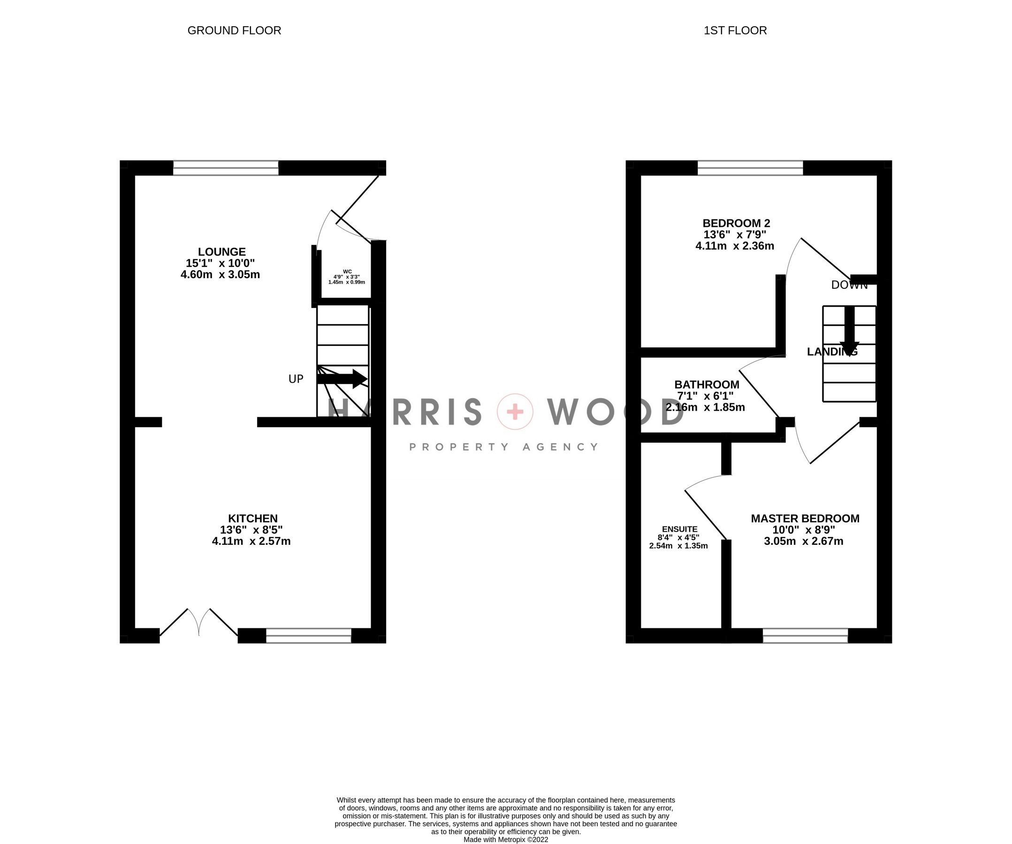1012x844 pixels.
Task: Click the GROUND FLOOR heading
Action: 234,30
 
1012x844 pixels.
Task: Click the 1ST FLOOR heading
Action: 735,30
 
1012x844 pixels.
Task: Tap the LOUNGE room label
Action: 221,251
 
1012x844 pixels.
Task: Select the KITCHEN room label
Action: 252,518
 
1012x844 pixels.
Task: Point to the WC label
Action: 347,271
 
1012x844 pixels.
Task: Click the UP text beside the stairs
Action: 296,379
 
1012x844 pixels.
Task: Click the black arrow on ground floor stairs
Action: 342,379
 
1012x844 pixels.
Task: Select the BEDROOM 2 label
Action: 736,223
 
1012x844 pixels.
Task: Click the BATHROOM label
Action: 707,384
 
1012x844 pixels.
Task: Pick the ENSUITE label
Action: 679,529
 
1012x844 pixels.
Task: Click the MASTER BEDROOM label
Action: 805,518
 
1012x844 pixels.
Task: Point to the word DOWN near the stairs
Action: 849,285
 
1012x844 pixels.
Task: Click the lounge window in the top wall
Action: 226,168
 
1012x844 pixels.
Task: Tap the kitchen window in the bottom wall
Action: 308,635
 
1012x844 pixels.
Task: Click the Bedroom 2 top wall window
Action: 750,168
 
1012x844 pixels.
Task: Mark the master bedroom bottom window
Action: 805,635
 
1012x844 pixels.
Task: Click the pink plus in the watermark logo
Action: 515,412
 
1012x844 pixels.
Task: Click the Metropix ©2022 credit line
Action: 505,839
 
